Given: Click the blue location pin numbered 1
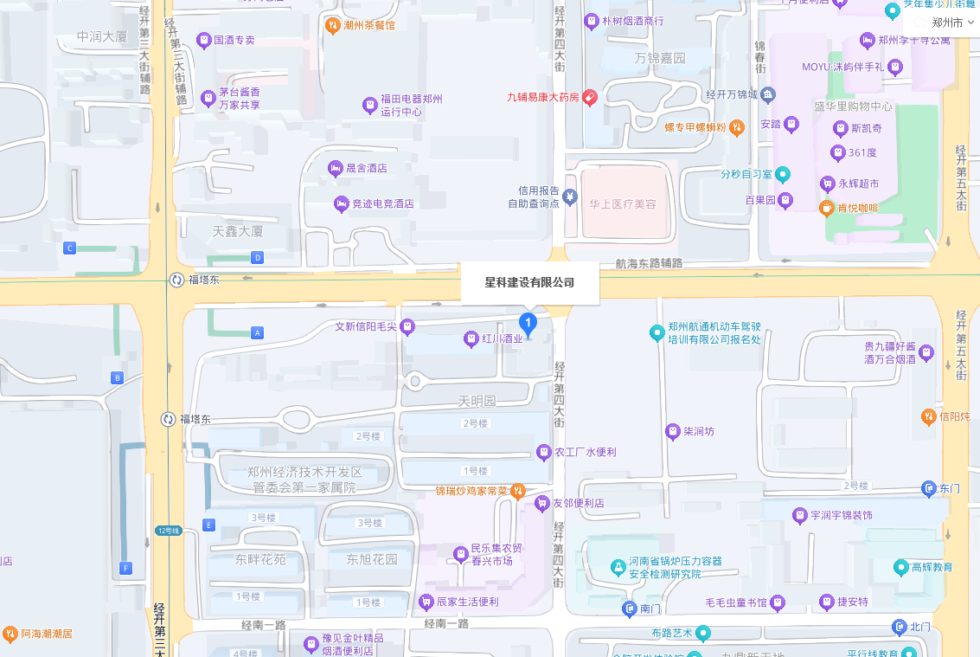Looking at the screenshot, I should tap(528, 325).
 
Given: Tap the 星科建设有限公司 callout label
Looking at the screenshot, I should tap(529, 283).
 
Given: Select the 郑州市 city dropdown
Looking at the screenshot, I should tap(947, 23).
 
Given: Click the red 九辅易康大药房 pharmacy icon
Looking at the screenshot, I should tap(590, 98).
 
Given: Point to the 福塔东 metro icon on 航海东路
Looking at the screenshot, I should tap(176, 280).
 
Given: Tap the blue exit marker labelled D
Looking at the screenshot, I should tap(257, 257).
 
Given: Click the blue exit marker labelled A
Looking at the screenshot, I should tap(257, 332).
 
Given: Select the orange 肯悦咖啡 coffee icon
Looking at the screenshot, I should tap(827, 208).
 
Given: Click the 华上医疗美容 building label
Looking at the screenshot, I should tap(623, 204).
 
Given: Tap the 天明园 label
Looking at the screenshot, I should tap(477, 402).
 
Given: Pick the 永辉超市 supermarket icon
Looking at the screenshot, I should tap(828, 184).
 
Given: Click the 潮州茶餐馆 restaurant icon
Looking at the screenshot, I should tap(332, 25).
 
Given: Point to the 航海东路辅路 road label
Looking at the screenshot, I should tap(649, 263).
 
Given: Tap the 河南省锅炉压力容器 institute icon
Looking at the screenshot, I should tap(618, 567).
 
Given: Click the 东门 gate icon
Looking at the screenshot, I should tap(929, 488).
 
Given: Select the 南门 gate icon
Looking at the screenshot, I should tap(630, 609).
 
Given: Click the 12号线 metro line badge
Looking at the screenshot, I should tap(169, 531).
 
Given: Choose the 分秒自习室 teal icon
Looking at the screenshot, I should tap(783, 174).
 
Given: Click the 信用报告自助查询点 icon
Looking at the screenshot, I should tap(569, 197).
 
